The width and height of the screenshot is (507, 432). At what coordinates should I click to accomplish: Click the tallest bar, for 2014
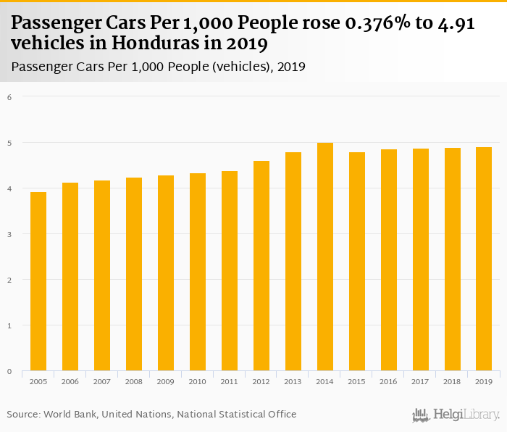click(x=325, y=257)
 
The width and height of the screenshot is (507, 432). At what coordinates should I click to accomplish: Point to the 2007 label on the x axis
click(x=102, y=381)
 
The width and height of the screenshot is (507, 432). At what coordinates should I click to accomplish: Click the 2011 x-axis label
click(x=230, y=381)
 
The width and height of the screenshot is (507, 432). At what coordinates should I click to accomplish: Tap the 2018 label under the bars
click(x=453, y=381)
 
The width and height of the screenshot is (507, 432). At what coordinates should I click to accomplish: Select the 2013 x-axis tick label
click(x=293, y=381)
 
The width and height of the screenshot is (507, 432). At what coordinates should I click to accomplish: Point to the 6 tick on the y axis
click(x=9, y=96)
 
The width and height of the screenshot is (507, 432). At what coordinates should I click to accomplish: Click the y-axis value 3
click(x=9, y=234)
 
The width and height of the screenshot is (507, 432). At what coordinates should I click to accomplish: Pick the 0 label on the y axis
click(x=9, y=371)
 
